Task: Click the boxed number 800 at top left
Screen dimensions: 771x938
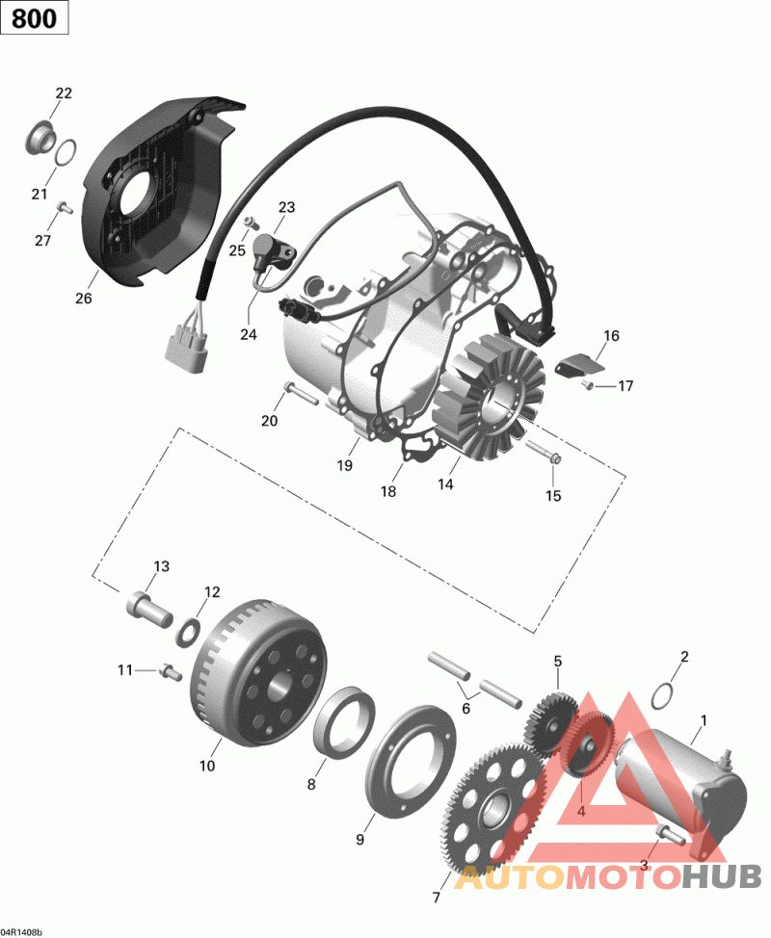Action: tap(34, 18)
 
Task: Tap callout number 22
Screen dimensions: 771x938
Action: tap(64, 92)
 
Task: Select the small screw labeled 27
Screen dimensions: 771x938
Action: tap(65, 208)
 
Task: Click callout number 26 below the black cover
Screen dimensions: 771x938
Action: tap(83, 298)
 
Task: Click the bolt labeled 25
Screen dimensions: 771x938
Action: tap(252, 223)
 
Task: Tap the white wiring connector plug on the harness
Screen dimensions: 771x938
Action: tap(186, 345)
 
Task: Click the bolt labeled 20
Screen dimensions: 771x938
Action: tap(302, 393)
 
